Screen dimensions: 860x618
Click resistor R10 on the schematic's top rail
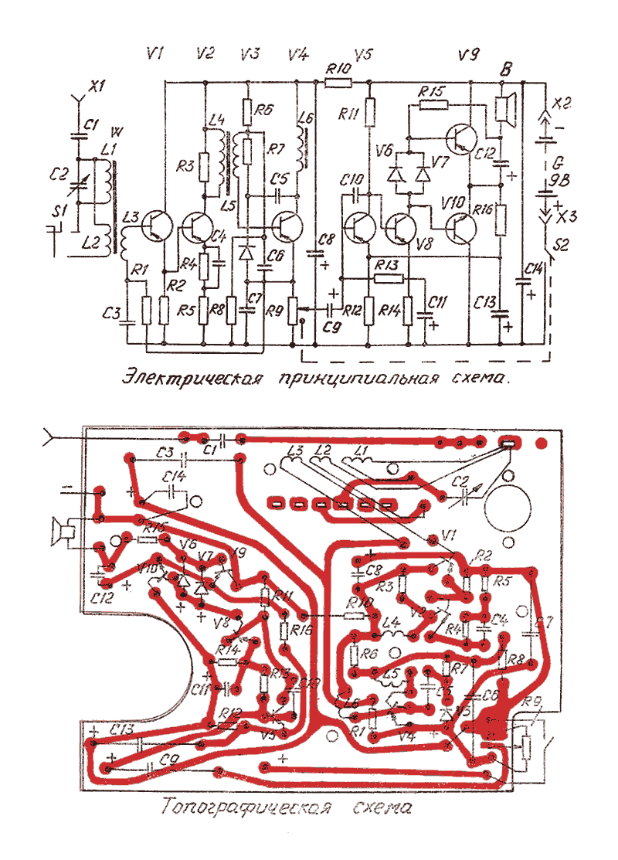pyautogui.click(x=338, y=80)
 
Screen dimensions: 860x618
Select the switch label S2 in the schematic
pyautogui.click(x=562, y=246)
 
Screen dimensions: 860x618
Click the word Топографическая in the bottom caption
pyautogui.click(x=246, y=808)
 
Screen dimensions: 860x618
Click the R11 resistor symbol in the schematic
pyautogui.click(x=369, y=113)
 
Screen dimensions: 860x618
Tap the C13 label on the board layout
pyautogui.click(x=122, y=729)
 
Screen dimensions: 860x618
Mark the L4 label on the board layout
pyautogui.click(x=391, y=620)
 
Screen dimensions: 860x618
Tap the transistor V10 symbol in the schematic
pyautogui.click(x=461, y=227)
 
